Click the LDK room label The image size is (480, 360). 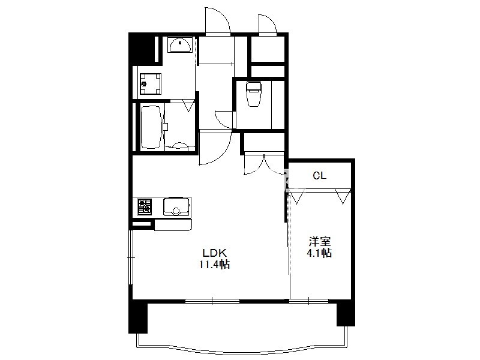(215, 253)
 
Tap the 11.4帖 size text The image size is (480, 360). (215, 264)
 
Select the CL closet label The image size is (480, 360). (320, 176)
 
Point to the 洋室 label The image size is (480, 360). (320, 242)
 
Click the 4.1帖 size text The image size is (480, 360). (319, 253)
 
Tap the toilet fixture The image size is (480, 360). (253, 94)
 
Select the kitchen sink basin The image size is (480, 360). (176, 207)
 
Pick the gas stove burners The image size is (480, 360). (144, 206)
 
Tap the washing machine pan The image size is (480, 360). (151, 84)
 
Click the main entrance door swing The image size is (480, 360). (217, 20)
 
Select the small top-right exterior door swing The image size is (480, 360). (267, 23)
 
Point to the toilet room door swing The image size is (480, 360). (225, 119)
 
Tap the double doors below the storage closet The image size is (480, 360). (264, 164)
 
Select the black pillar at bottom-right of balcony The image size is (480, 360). (346, 313)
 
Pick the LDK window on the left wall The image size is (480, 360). (131, 258)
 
